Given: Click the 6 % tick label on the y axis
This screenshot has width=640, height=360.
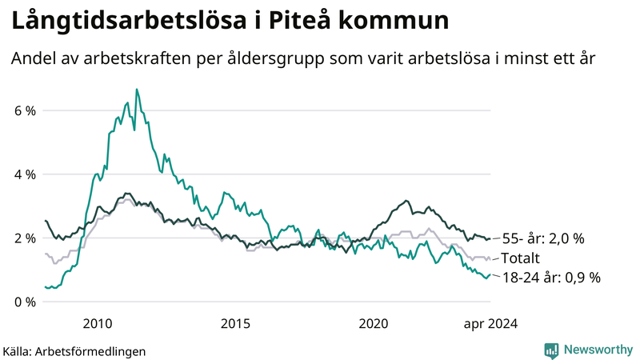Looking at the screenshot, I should [24, 110].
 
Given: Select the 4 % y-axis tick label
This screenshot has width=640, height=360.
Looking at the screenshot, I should [24, 174].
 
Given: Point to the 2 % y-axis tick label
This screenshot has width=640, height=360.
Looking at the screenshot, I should [24, 238].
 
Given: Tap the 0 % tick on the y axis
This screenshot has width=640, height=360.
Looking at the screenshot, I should [24, 302].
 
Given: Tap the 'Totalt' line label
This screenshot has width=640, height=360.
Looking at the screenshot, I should [521, 258].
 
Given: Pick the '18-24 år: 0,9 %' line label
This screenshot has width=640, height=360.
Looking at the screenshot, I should [551, 278].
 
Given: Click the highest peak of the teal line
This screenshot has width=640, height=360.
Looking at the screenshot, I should [136, 90].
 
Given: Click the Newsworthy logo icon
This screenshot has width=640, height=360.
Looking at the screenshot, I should [551, 350].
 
